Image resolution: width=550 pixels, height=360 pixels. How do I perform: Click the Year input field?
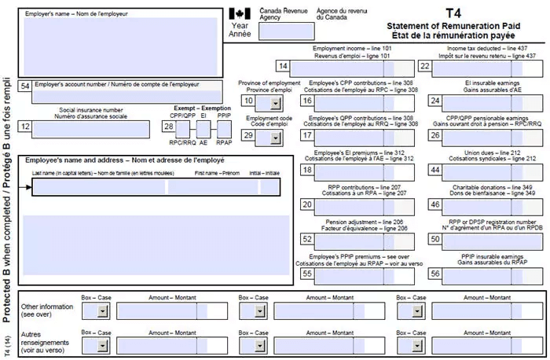pyautogui.click(x=280, y=32)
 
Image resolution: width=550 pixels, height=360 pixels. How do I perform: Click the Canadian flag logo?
pyautogui.click(x=240, y=14)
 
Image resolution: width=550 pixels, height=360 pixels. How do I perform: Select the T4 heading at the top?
pyautogui.click(x=453, y=13)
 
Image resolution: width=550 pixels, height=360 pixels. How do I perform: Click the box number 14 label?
pyautogui.click(x=283, y=67)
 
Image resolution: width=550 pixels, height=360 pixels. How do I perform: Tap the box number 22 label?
pyautogui.click(x=425, y=67)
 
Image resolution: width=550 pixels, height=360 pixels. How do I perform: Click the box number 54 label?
pyautogui.click(x=25, y=86)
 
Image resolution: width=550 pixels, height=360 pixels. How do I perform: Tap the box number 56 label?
pyautogui.click(x=434, y=274)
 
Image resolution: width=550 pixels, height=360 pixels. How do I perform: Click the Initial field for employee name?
pyautogui.click(x=270, y=187)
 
